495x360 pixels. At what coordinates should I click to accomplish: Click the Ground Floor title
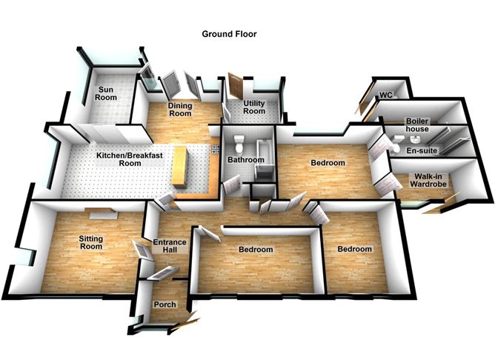(229, 34)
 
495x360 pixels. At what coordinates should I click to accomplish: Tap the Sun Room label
(109, 94)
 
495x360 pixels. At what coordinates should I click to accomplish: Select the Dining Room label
(179, 110)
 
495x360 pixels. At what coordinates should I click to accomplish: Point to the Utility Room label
(253, 107)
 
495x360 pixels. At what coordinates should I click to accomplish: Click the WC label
(385, 95)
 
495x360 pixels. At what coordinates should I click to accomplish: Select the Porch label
(164, 304)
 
